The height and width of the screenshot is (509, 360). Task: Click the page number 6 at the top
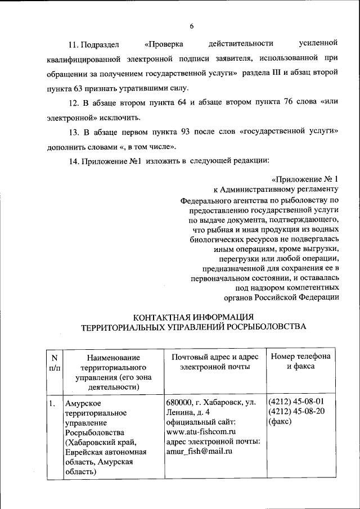tap(191, 26)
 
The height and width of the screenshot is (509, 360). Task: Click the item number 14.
tap(74, 162)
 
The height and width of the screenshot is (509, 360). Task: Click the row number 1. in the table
tap(51, 403)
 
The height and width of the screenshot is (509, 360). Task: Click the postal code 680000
tap(179, 403)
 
